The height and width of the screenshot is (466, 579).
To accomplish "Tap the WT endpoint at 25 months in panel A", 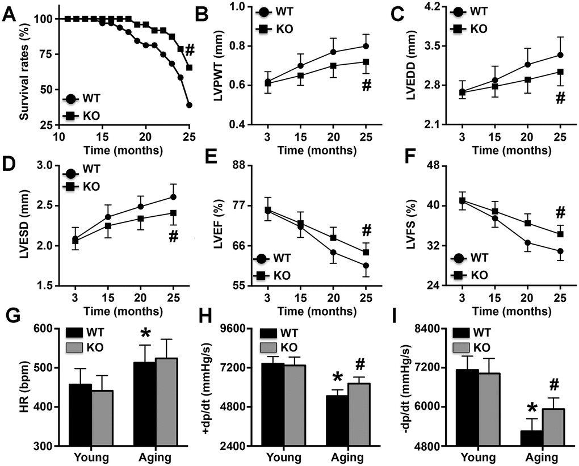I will tap(189, 105).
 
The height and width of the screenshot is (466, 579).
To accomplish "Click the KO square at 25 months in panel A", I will tap(189, 68).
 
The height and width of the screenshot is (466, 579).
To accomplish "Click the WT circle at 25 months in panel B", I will tap(366, 46).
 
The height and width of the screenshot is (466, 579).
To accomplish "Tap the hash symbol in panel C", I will tap(560, 98).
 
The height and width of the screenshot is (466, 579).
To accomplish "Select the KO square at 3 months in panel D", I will tap(75, 241).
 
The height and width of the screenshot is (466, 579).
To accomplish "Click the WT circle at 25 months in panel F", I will tap(560, 251).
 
